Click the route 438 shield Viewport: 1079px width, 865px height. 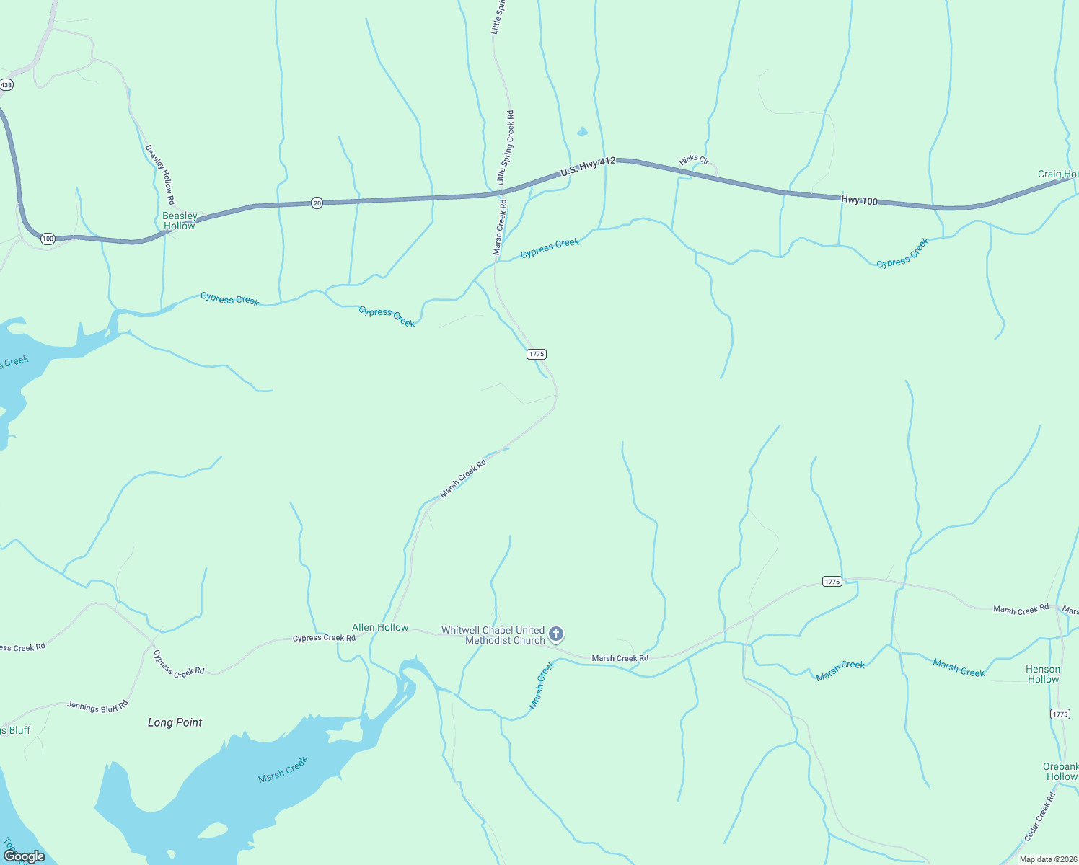tap(6, 85)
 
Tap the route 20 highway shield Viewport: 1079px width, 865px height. tap(317, 203)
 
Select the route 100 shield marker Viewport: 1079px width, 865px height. tap(48, 239)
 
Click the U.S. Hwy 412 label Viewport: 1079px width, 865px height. tap(588, 167)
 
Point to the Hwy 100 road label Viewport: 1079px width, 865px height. tap(859, 200)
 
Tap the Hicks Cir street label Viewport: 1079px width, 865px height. tap(694, 159)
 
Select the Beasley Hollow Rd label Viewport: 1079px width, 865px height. tap(160, 174)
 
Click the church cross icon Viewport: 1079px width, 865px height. tap(556, 634)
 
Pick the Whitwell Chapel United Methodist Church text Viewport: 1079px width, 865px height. tap(494, 635)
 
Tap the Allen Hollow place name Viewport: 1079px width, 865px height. tap(380, 627)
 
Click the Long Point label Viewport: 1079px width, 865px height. tap(175, 722)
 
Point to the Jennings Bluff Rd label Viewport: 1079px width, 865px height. tap(97, 706)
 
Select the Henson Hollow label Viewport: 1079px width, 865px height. tap(1043, 674)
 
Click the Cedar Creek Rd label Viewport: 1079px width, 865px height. tap(1040, 817)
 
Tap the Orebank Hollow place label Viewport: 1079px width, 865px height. tap(1061, 771)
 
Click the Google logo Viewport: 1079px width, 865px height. tap(25, 856)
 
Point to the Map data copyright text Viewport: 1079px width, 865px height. tap(1047, 859)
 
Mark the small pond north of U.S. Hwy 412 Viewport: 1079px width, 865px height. tap(582, 132)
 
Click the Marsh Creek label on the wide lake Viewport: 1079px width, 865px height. tap(283, 770)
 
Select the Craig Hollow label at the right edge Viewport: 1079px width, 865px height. tap(1057, 174)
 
